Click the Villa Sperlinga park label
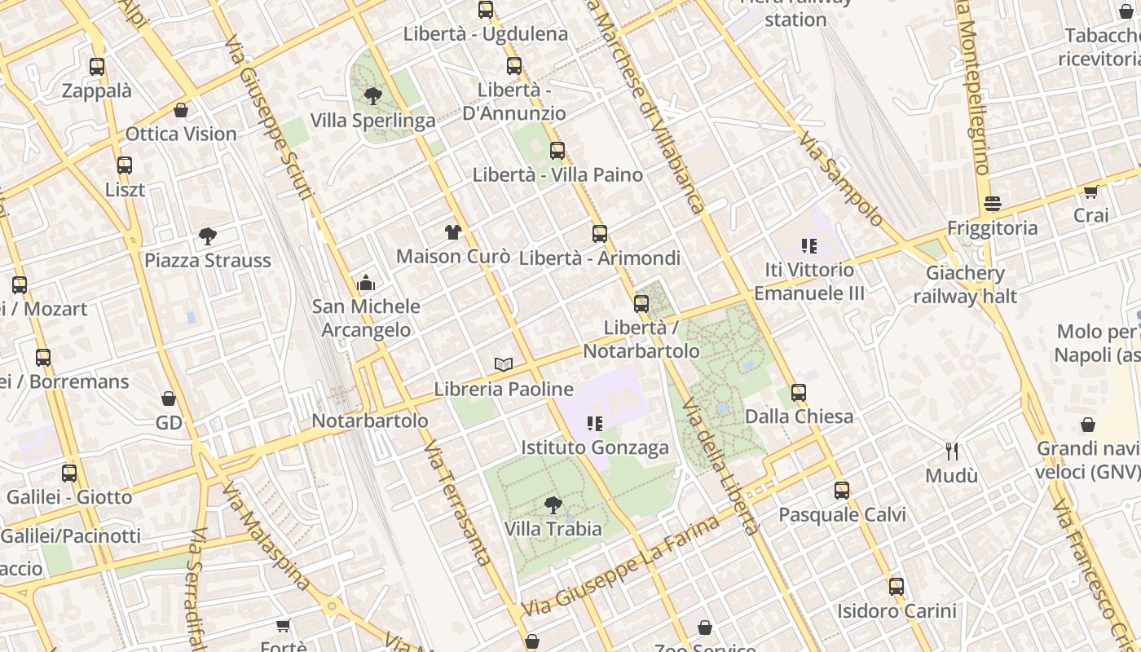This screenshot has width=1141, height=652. pos(372,121)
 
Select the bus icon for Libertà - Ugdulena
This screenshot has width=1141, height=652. pos(486,10)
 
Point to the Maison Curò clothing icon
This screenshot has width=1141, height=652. pos(454,232)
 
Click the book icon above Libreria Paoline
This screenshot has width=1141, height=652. pos(504,364)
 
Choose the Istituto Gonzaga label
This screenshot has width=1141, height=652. pos(595,447)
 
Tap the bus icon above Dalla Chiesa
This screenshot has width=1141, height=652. pos(799,393)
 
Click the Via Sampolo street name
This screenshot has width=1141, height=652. pos(840,179)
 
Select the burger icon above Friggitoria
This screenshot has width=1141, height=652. pos(992,203)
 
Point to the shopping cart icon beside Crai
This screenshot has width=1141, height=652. pos(1090,192)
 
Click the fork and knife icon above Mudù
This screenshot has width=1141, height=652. pos(951,451)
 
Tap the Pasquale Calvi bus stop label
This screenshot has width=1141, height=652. pos(842,515)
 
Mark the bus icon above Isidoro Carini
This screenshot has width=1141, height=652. pos(896,586)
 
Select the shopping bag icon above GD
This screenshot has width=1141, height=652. pos(169,399)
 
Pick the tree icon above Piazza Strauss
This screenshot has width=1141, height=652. pos(208,236)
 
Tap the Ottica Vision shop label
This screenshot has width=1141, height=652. pos(181,134)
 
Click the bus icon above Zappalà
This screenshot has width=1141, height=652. pos(97,67)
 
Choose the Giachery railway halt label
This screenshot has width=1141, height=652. pos(965,284)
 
